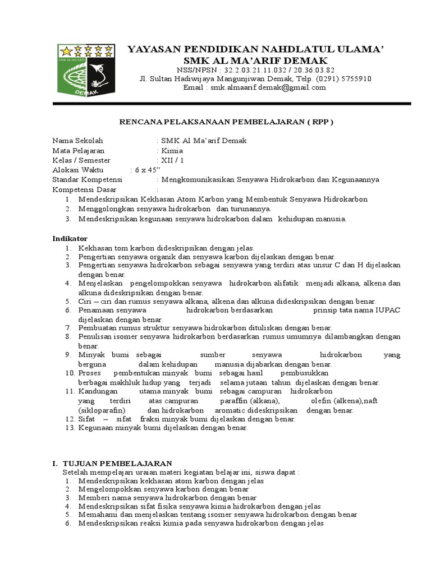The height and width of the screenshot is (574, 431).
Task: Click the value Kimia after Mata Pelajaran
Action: (x=168, y=151)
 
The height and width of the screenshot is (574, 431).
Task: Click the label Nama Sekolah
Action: (x=78, y=141)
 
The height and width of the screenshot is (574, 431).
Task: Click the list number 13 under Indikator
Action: (x=70, y=428)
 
